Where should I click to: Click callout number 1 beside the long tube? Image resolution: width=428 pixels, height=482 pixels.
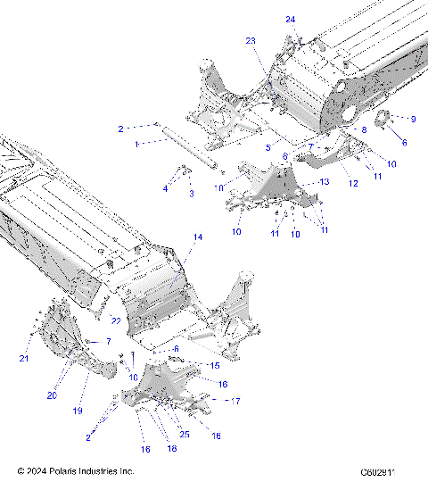(136, 143)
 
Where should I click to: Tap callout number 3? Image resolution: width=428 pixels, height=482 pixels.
(191, 193)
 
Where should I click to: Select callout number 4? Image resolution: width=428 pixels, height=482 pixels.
(165, 188)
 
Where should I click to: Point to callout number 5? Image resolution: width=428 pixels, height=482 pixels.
(267, 146)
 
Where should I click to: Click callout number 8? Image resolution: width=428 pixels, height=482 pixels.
(364, 130)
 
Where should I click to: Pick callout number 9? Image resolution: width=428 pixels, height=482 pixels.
(413, 119)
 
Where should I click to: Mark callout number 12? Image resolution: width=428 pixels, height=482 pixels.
(353, 183)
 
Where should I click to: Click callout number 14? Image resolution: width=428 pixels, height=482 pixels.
(198, 237)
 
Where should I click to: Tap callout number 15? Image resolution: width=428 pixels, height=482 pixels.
(214, 365)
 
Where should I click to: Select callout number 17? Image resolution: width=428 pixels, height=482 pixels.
(235, 402)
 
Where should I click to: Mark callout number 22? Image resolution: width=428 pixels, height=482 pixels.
(115, 321)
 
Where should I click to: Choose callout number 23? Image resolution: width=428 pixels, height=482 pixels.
(251, 41)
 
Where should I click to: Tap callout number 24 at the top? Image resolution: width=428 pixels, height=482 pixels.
(291, 19)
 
